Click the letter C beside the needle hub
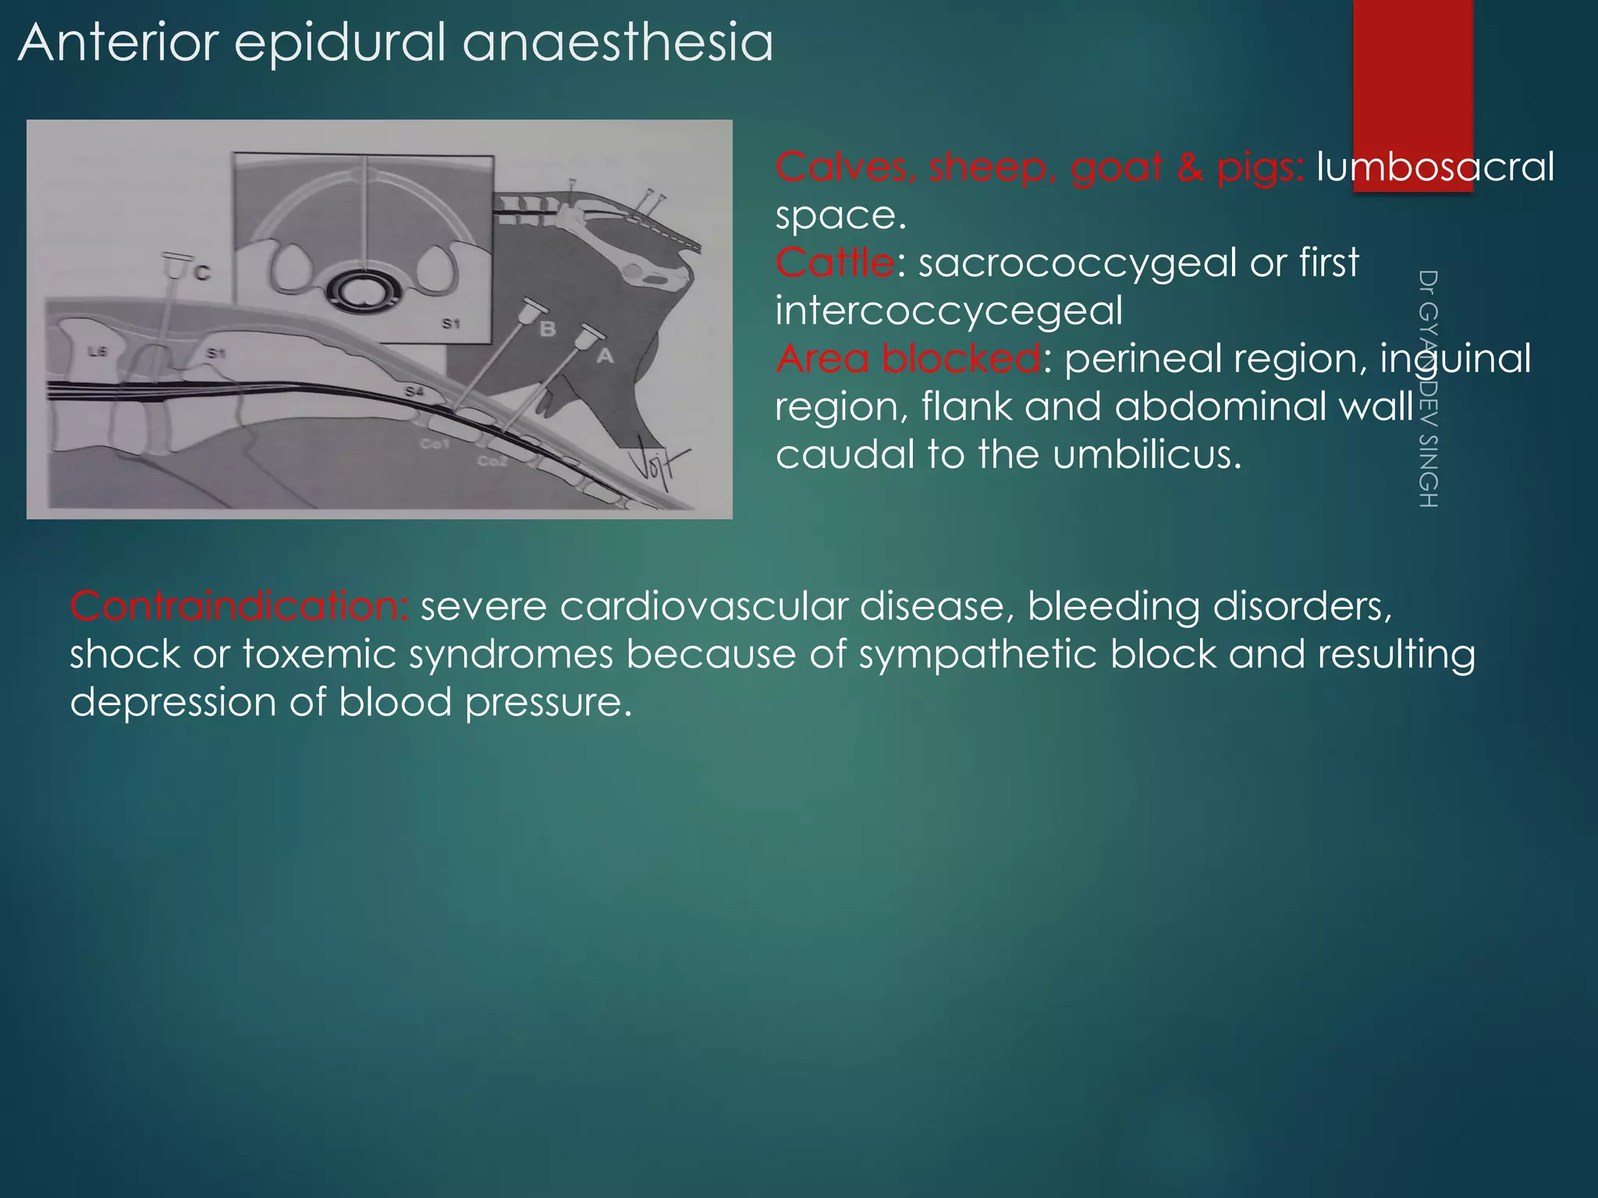tap(202, 273)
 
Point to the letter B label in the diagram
tap(548, 329)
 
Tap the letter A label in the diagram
tap(605, 356)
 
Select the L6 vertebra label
tap(97, 352)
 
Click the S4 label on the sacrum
tap(414, 392)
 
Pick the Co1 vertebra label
tap(435, 444)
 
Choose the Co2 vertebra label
tap(492, 461)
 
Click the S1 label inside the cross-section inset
tap(451, 323)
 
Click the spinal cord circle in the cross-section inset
tap(361, 291)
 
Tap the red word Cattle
tap(835, 263)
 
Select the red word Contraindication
tap(238, 607)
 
